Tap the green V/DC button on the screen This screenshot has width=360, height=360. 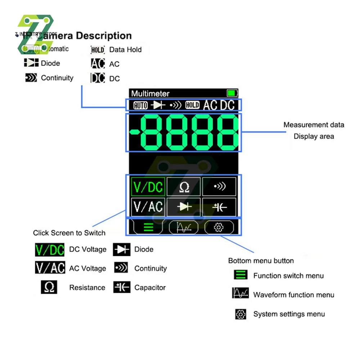click(x=148, y=187)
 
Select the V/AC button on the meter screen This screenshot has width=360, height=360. click(x=148, y=207)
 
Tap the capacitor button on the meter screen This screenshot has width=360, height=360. click(x=219, y=207)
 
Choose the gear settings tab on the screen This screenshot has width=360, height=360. click(x=219, y=228)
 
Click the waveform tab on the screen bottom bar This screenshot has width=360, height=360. click(x=184, y=228)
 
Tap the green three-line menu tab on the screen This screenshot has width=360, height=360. click(x=148, y=228)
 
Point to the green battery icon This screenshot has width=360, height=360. click(x=232, y=94)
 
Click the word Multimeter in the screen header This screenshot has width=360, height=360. click(x=150, y=94)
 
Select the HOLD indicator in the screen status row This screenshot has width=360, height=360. click(x=192, y=105)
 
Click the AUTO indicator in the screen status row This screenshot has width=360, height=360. click(x=140, y=105)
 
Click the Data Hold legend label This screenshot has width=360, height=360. click(x=125, y=50)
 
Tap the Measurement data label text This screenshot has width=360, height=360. click(x=314, y=125)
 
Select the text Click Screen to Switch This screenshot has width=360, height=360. click(x=69, y=233)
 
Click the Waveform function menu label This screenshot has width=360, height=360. click(x=294, y=295)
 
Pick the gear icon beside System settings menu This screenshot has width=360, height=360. click(x=240, y=314)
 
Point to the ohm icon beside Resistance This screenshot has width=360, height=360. click(x=49, y=287)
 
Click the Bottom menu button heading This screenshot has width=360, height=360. click(x=261, y=261)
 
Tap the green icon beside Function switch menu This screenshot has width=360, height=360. click(x=240, y=275)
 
